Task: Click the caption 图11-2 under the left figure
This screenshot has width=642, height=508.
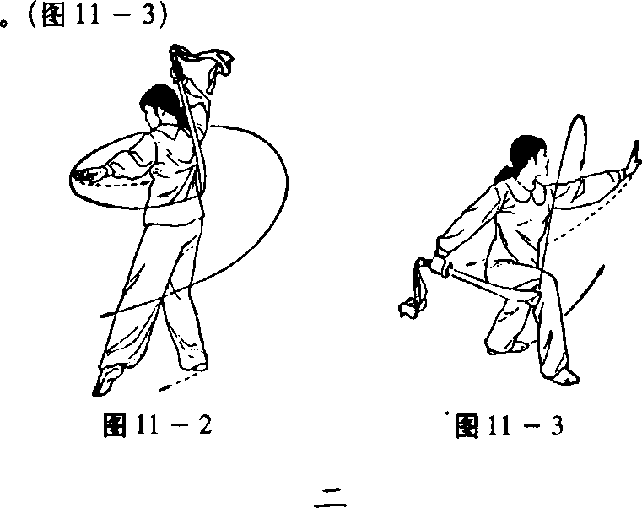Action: (158, 424)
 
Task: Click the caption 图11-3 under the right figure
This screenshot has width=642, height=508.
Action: (510, 425)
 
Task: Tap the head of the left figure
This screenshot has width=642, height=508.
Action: (156, 105)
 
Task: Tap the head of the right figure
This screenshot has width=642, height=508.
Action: (528, 157)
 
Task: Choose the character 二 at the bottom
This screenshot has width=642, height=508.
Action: (330, 497)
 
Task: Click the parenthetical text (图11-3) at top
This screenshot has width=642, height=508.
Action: (98, 14)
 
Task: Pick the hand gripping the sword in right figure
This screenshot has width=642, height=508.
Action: (440, 264)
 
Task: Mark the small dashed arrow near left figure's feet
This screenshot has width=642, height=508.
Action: (181, 381)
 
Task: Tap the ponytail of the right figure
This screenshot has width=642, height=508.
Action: (504, 174)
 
